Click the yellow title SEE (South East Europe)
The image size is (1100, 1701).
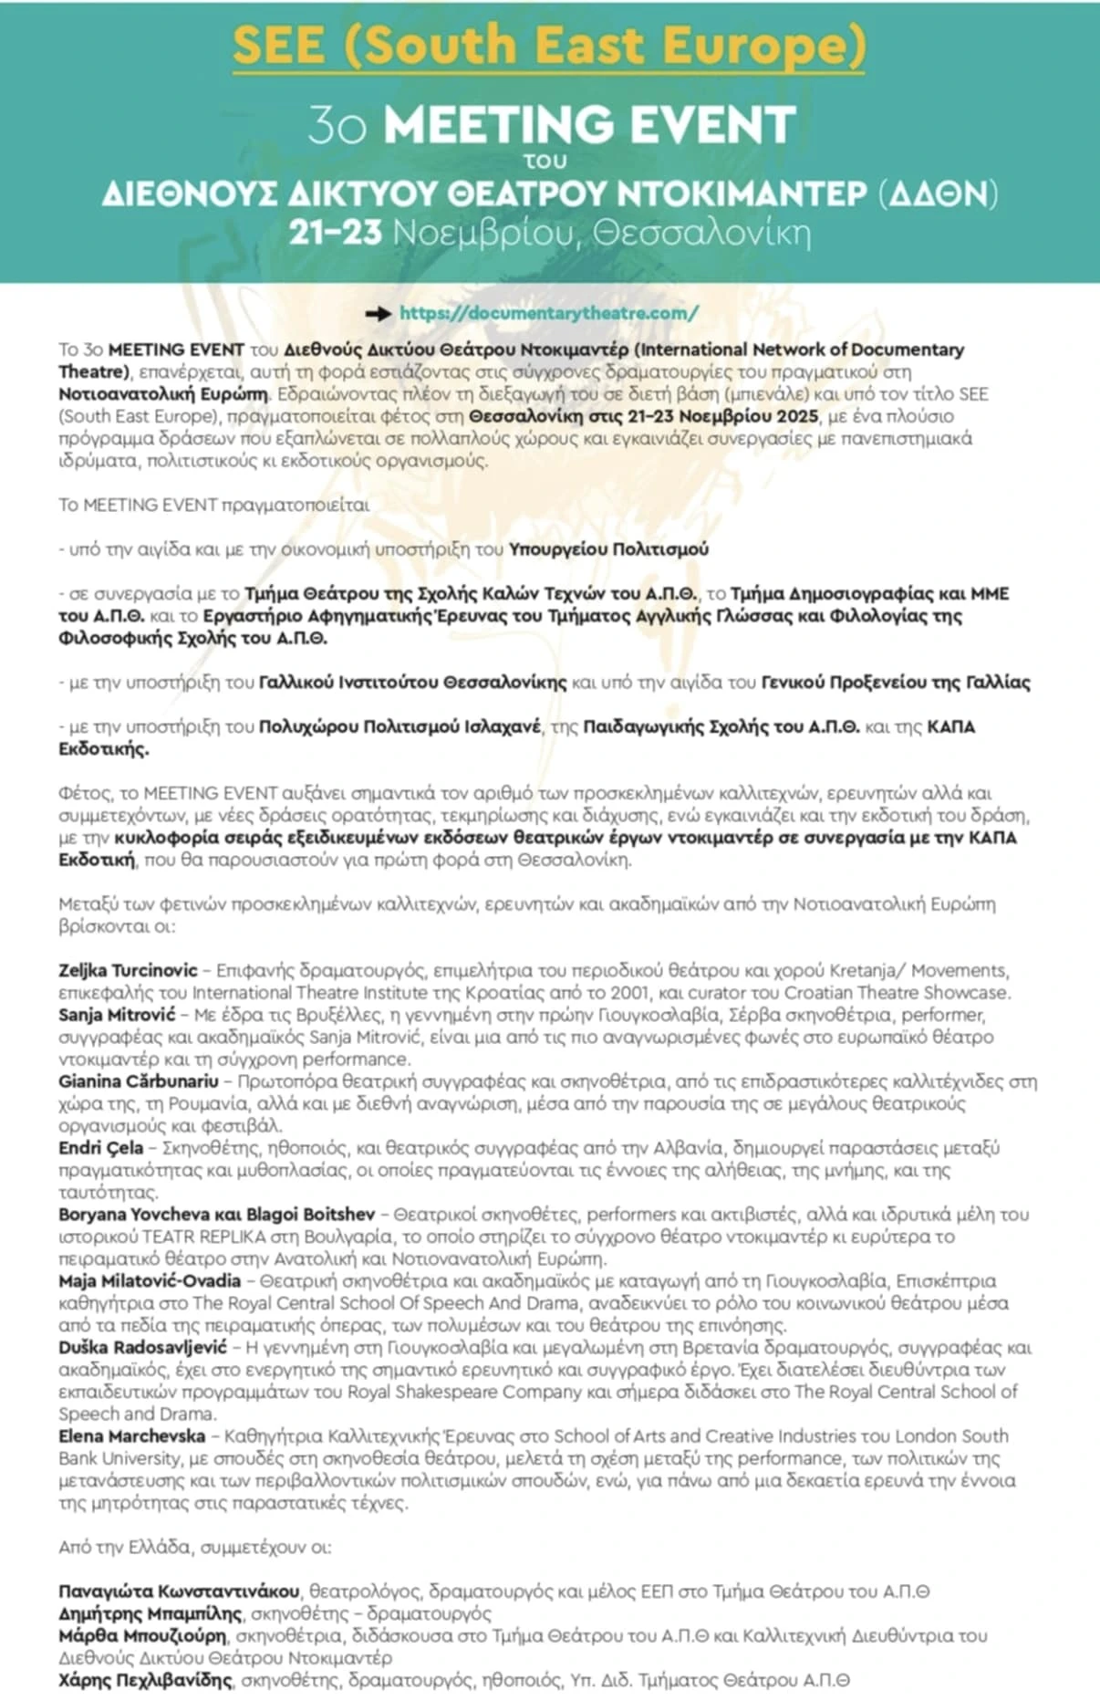pyautogui.click(x=548, y=46)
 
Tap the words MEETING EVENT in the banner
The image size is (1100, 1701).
pyautogui.click(x=589, y=125)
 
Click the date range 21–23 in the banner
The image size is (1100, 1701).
pyautogui.click(x=335, y=233)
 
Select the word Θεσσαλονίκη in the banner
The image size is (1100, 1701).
pyautogui.click(x=701, y=233)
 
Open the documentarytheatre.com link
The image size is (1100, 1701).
pyautogui.click(x=549, y=313)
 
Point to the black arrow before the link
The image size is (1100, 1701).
pyautogui.click(x=378, y=314)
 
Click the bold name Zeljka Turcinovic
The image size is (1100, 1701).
pyautogui.click(x=128, y=970)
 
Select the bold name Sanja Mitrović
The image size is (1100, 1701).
pyautogui.click(x=116, y=1015)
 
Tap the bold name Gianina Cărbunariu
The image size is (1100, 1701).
pyautogui.click(x=139, y=1081)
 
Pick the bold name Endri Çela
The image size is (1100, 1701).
pyautogui.click(x=100, y=1148)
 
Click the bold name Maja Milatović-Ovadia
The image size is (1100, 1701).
pyautogui.click(x=150, y=1281)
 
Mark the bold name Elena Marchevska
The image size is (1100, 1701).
pyautogui.click(x=131, y=1436)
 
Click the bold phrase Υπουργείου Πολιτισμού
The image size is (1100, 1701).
pyautogui.click(x=608, y=549)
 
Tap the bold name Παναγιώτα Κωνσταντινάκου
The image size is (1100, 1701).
pyautogui.click(x=179, y=1591)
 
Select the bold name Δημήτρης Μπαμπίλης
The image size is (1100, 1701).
pyautogui.click(x=150, y=1613)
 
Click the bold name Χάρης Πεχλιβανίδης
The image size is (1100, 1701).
pyautogui.click(x=146, y=1680)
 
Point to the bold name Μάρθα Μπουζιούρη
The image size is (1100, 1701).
pyautogui.click(x=142, y=1635)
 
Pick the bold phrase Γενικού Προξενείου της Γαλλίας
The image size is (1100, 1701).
pyautogui.click(x=896, y=683)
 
